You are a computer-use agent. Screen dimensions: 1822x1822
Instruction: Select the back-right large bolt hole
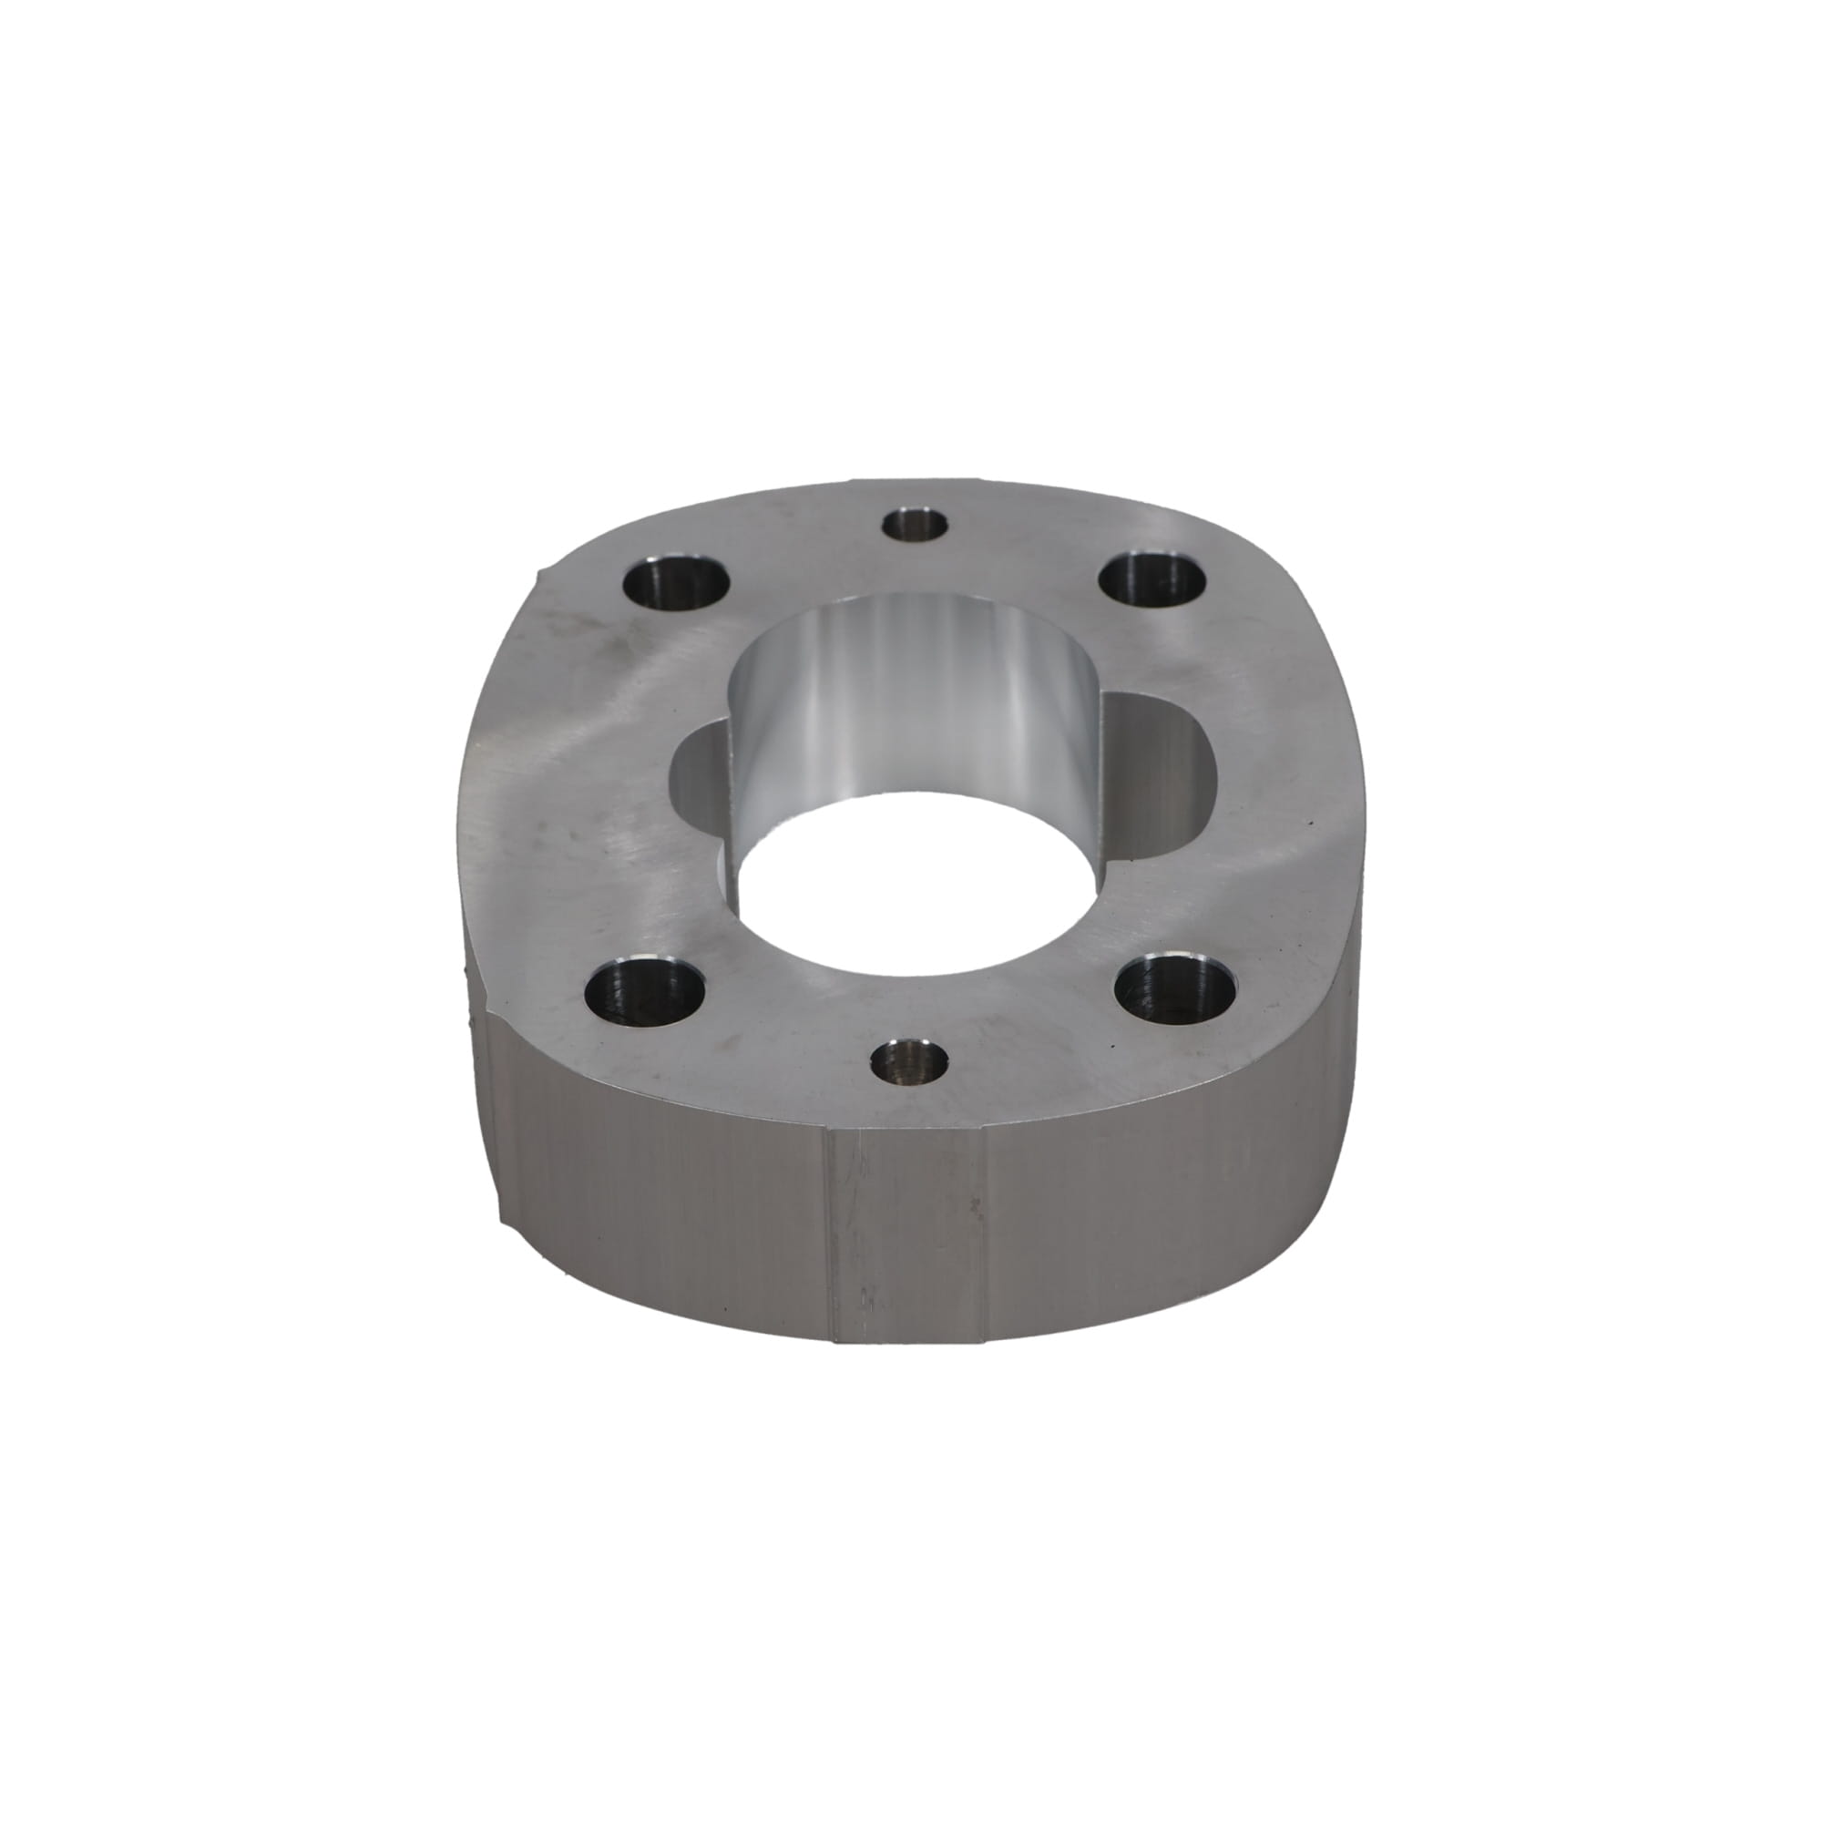click(1153, 582)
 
